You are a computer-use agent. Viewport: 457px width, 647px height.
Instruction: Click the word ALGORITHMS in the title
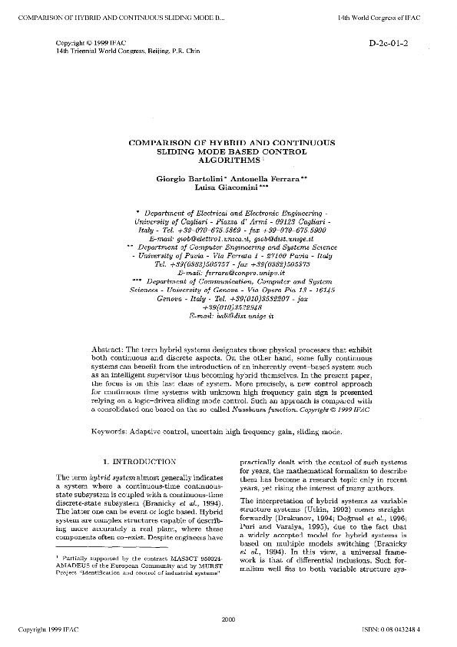coord(226,161)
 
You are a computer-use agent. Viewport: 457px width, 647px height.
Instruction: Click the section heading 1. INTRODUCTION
coord(139,462)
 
